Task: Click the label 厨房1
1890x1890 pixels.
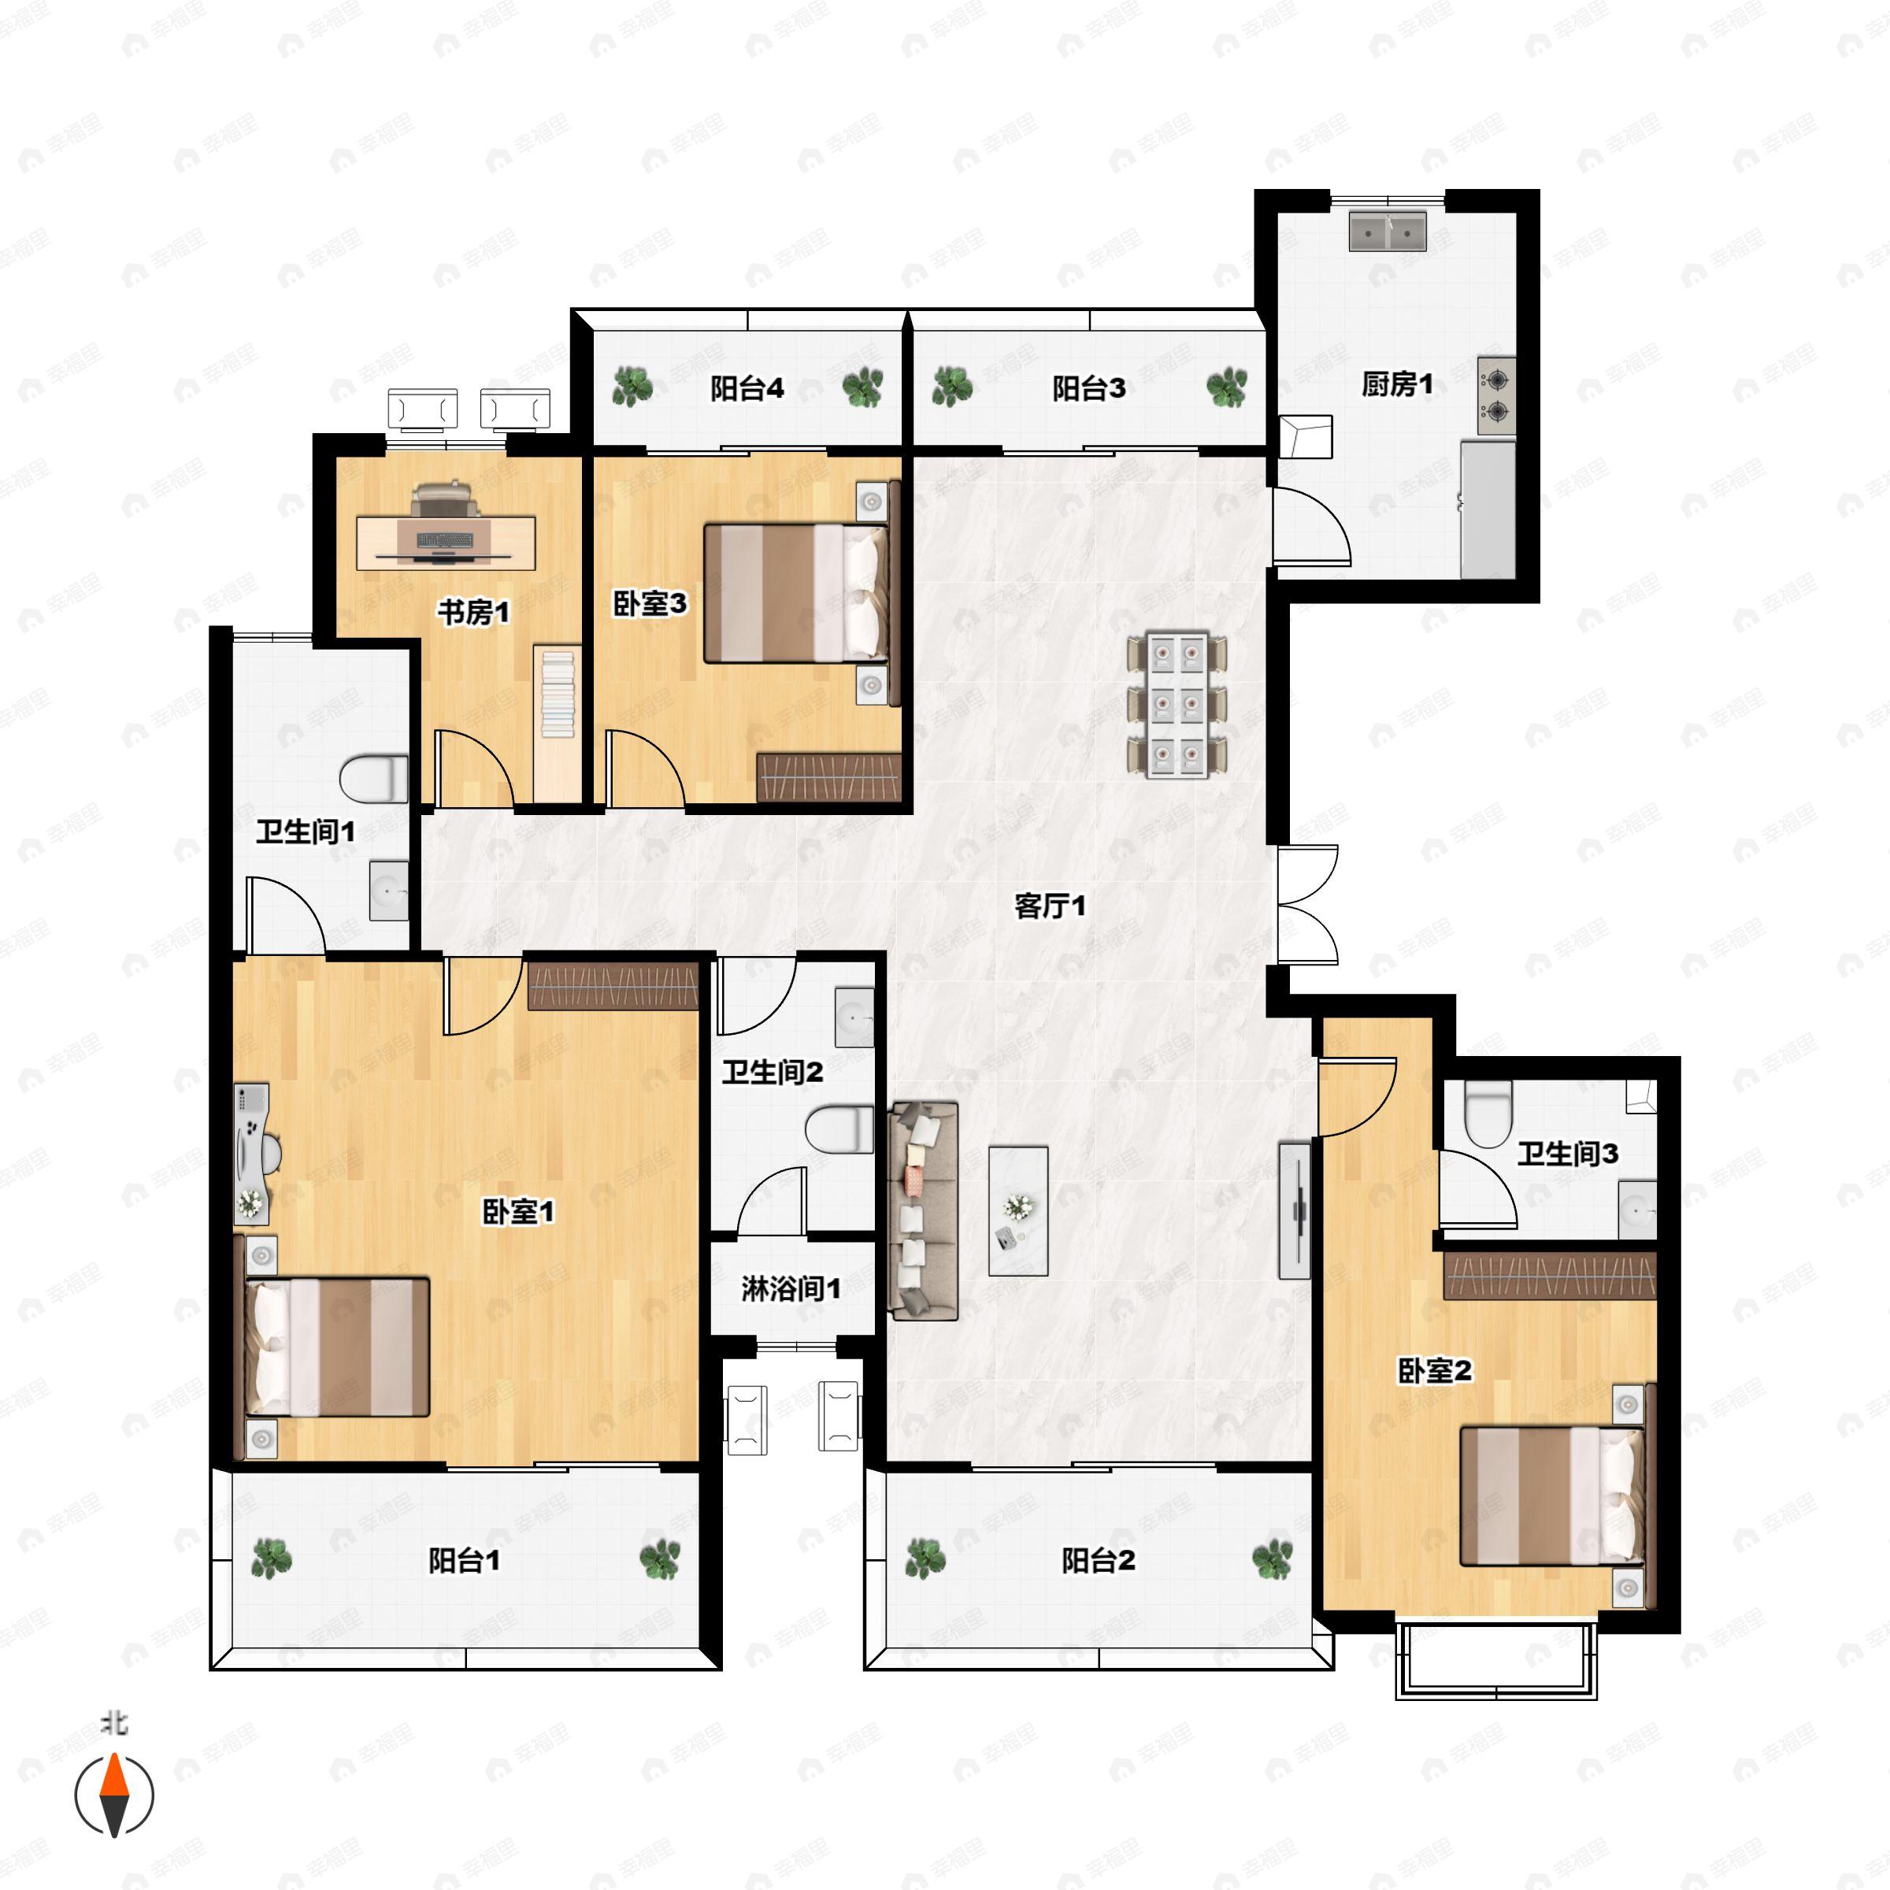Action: [1397, 384]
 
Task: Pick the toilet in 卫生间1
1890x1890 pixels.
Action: [374, 779]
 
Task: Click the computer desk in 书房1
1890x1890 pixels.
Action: [445, 543]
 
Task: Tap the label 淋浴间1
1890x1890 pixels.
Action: [791, 1288]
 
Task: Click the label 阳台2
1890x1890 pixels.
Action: [1099, 1560]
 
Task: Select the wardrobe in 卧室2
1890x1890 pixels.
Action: [1550, 1275]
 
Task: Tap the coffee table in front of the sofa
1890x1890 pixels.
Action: [1018, 1211]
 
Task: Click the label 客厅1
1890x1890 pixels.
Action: [1050, 906]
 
